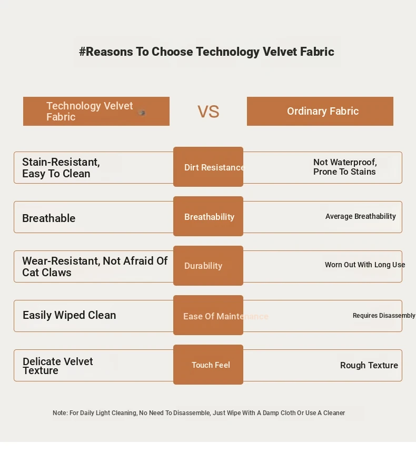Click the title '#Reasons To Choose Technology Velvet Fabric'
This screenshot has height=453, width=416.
click(206, 52)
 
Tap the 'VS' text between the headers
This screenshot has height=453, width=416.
click(208, 112)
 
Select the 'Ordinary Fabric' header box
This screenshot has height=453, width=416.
click(320, 111)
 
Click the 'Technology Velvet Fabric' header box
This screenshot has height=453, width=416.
click(96, 111)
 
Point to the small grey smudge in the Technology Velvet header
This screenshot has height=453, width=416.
click(142, 113)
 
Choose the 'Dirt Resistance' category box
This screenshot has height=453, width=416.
click(208, 167)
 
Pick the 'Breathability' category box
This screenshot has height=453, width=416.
click(208, 216)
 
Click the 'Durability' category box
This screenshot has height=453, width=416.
click(208, 266)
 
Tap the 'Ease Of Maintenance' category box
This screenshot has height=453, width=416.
click(208, 315)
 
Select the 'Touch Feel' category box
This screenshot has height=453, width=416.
click(208, 365)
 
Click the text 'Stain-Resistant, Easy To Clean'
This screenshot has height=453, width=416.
click(61, 168)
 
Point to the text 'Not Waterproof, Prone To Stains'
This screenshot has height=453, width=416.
click(345, 167)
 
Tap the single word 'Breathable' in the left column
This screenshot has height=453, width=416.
click(49, 218)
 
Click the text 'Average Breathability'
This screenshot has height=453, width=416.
click(361, 216)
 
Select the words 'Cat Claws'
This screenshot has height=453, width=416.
click(47, 273)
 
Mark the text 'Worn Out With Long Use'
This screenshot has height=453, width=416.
click(365, 265)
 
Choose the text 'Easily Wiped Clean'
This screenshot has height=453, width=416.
click(70, 315)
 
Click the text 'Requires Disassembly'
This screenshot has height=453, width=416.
click(384, 316)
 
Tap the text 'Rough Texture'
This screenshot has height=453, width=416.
click(369, 365)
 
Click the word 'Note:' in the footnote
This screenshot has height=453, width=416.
click(60, 413)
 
